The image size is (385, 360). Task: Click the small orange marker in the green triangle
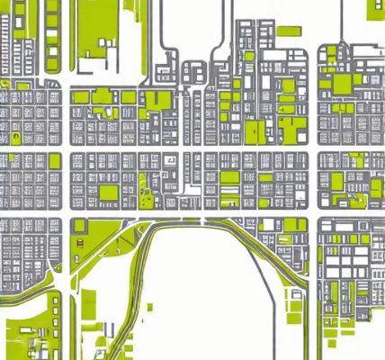click(x=79, y=242)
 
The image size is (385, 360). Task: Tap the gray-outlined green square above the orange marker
click(x=79, y=225)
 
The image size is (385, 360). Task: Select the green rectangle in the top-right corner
click(x=376, y=10)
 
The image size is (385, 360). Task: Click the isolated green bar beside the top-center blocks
click(x=288, y=31)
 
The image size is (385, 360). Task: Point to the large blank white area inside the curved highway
click(x=216, y=297)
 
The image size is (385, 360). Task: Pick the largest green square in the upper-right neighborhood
click(x=342, y=84)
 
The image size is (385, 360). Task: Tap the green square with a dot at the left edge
click(x=15, y=137)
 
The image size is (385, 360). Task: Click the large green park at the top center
click(x=108, y=31)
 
